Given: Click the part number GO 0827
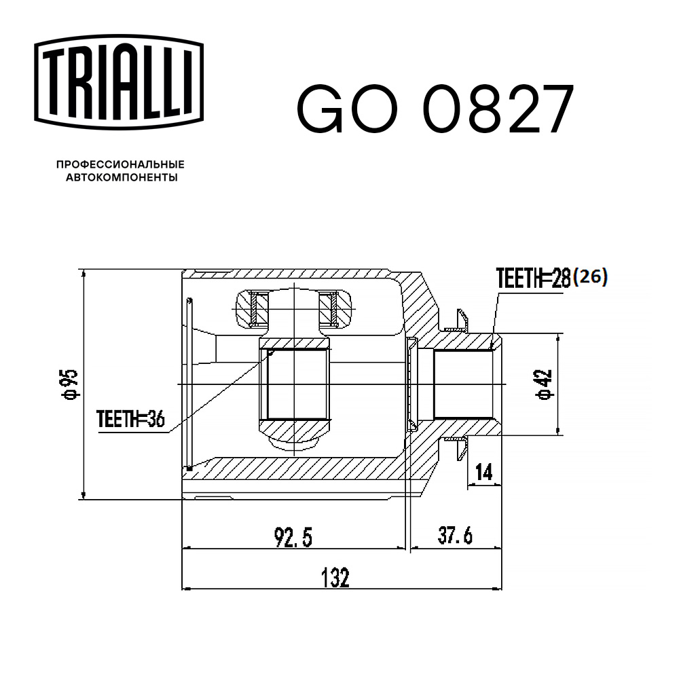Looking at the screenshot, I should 435,109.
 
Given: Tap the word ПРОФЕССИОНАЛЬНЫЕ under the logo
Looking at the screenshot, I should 120,164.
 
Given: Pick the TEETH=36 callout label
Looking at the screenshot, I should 130,420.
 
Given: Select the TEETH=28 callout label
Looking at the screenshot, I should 533,278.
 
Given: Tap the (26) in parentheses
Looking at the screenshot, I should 589,277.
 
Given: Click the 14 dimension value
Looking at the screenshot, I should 483,473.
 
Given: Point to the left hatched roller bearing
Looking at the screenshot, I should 257,308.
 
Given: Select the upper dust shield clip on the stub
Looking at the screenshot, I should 460,319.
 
